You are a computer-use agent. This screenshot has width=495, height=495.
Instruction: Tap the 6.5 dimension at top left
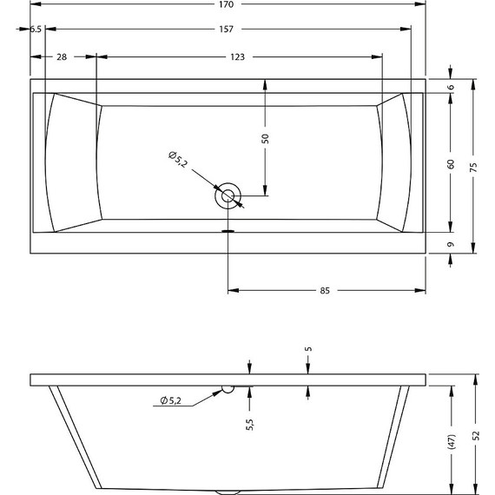click(36, 30)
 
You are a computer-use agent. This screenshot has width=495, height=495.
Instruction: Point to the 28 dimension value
click(62, 57)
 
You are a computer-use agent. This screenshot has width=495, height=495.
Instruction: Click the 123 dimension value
click(236, 57)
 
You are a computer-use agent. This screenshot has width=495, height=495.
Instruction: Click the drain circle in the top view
click(228, 195)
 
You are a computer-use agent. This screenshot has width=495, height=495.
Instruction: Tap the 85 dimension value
click(325, 290)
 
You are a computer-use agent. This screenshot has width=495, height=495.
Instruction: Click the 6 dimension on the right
click(452, 88)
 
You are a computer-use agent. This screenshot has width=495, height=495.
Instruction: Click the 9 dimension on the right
click(452, 245)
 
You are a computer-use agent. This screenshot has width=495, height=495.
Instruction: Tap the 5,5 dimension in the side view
click(249, 424)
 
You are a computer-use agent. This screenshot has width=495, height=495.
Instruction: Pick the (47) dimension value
click(452, 441)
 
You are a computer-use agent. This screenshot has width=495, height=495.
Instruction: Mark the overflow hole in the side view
click(227, 389)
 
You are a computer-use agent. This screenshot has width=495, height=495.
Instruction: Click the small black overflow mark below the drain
click(228, 231)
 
